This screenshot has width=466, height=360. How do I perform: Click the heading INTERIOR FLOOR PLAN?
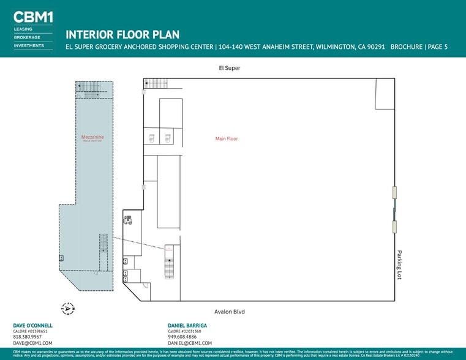pos(122,35)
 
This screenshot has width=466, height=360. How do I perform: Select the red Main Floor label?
pos(226,139)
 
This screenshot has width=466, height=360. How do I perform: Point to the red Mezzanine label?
pos(92,137)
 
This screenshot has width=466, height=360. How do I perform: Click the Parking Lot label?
pos(399,264)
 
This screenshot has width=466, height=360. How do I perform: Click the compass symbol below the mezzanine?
pos(68,309)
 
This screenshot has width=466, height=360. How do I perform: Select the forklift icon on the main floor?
pos(128,220)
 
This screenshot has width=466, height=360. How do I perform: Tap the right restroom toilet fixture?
pos(167,137)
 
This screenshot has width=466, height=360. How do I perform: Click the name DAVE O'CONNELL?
pos(32,325)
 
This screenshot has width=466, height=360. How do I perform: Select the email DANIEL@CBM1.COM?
pos(190,343)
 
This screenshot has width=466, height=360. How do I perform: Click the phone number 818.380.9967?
pos(28,337)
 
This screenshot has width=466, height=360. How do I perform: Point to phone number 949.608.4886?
pos(182,337)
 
